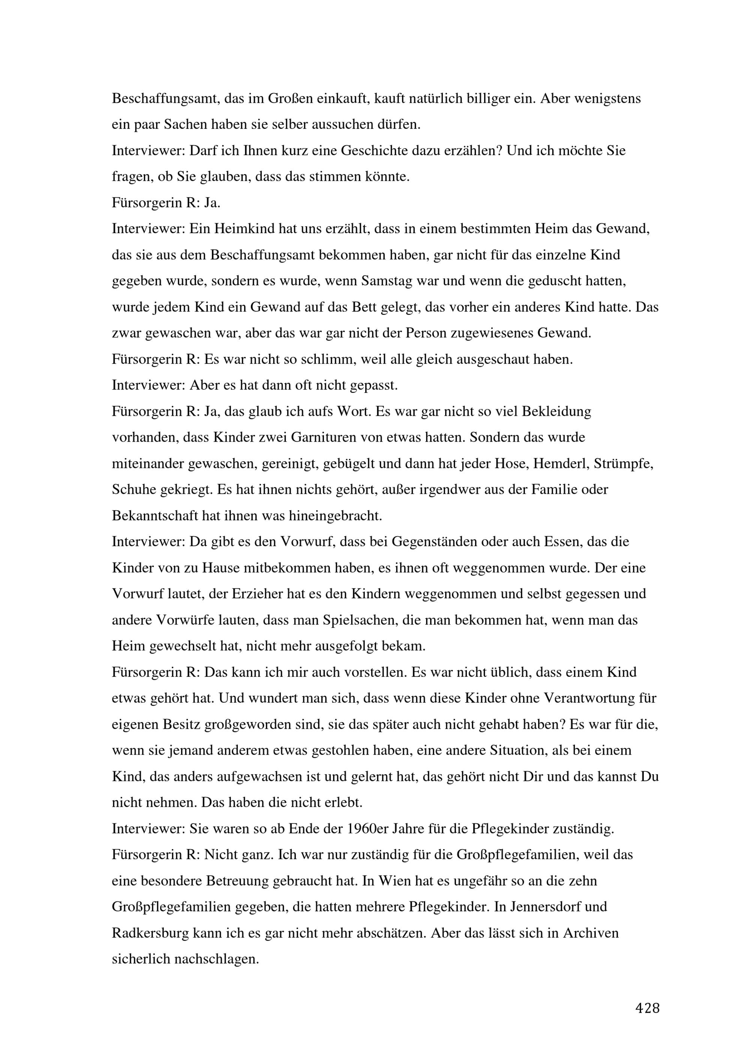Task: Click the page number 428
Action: [x=647, y=1008]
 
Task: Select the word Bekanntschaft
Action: [x=155, y=516]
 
